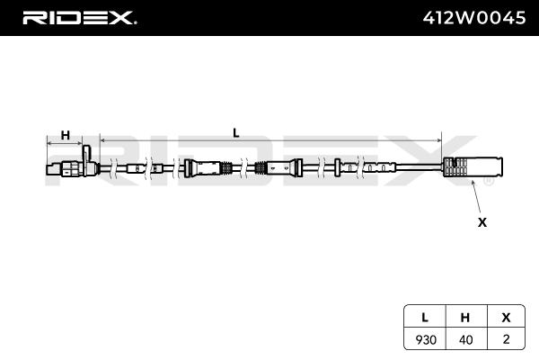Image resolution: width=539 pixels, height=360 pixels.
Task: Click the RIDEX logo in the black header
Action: [x=78, y=18]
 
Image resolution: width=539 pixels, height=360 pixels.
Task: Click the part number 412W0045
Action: [x=474, y=18]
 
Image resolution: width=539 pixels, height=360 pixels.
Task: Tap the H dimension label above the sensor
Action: [x=66, y=135]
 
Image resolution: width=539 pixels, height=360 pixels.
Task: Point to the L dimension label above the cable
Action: [x=235, y=133]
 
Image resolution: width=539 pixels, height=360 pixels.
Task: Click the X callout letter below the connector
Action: [x=482, y=222]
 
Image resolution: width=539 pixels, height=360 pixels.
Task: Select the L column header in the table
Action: [x=425, y=318]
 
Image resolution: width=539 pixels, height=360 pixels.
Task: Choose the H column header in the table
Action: [x=465, y=318]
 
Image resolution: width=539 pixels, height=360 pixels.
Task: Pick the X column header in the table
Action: [x=506, y=318]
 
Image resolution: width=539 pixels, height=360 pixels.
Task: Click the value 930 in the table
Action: [x=426, y=339]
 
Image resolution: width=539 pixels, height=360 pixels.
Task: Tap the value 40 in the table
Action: [x=465, y=339]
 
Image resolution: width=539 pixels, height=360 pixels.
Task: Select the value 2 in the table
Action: [x=506, y=339]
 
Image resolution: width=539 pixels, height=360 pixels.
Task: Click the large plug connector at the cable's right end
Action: [x=473, y=166]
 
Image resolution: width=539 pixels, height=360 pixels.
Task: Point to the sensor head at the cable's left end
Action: [x=73, y=167]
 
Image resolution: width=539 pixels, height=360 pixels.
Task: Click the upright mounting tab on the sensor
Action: [x=86, y=154]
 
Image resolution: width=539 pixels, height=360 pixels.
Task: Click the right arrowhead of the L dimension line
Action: [x=439, y=140]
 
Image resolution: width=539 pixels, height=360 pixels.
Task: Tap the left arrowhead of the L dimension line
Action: [x=102, y=140]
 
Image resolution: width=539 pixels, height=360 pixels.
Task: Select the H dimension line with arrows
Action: [x=65, y=143]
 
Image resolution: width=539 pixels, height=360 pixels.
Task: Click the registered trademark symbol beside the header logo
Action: [x=135, y=22]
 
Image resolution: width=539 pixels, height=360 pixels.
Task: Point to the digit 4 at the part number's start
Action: [x=429, y=18]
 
